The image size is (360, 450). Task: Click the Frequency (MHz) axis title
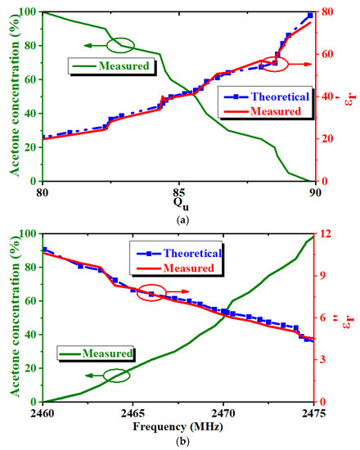point(178,425)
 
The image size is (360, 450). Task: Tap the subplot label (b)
point(178,441)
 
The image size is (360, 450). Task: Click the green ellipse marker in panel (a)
point(121,46)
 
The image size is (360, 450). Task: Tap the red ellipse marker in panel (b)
point(153,292)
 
